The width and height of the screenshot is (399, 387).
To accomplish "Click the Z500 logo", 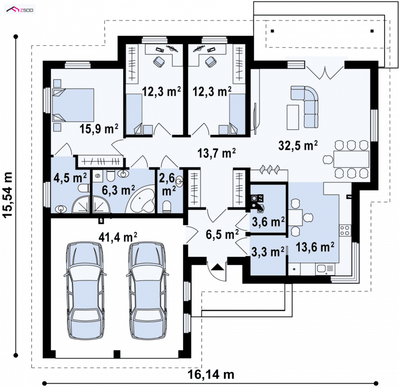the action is (20, 10).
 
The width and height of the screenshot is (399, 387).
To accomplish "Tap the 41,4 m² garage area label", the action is (118, 237).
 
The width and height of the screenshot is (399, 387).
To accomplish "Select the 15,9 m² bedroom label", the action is (99, 129).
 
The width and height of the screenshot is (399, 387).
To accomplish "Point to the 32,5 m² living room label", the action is (298, 145).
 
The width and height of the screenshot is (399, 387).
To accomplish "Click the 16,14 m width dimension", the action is (211, 375).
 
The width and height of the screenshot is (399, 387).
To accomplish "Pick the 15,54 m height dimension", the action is (8, 195).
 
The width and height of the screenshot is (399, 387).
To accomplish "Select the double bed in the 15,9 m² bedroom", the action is (73, 105).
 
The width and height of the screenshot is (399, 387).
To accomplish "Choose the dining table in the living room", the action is (351, 159).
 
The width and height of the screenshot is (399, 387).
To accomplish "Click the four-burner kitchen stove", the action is (345, 231).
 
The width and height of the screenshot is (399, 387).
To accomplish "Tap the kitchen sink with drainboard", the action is (325, 269).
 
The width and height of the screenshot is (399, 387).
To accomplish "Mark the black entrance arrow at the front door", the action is (216, 267).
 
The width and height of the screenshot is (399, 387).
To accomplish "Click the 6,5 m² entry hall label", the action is (222, 234).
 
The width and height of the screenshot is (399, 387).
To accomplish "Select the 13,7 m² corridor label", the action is (216, 153).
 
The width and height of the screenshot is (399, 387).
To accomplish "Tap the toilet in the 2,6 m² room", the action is (167, 206).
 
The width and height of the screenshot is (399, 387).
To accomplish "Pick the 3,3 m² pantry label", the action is (268, 252).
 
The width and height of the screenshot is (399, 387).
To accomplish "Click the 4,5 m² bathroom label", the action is (70, 177).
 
